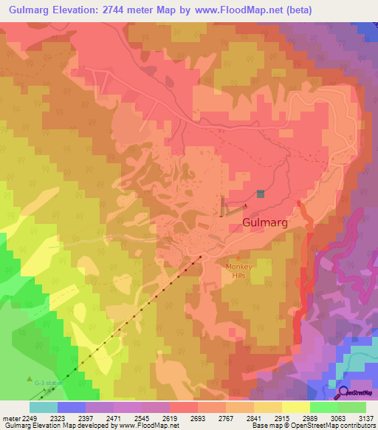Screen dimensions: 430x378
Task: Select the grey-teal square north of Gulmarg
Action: tap(260, 194)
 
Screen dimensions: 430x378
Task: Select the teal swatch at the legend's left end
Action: tap(43, 407)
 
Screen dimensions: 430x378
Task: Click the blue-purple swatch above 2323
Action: tap(71, 407)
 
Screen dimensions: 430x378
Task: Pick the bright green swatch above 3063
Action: tap(323, 407)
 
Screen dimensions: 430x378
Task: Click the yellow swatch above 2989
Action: tap(295, 407)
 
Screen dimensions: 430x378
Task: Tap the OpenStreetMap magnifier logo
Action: tap(343, 392)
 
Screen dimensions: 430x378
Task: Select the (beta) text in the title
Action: tap(295, 10)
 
